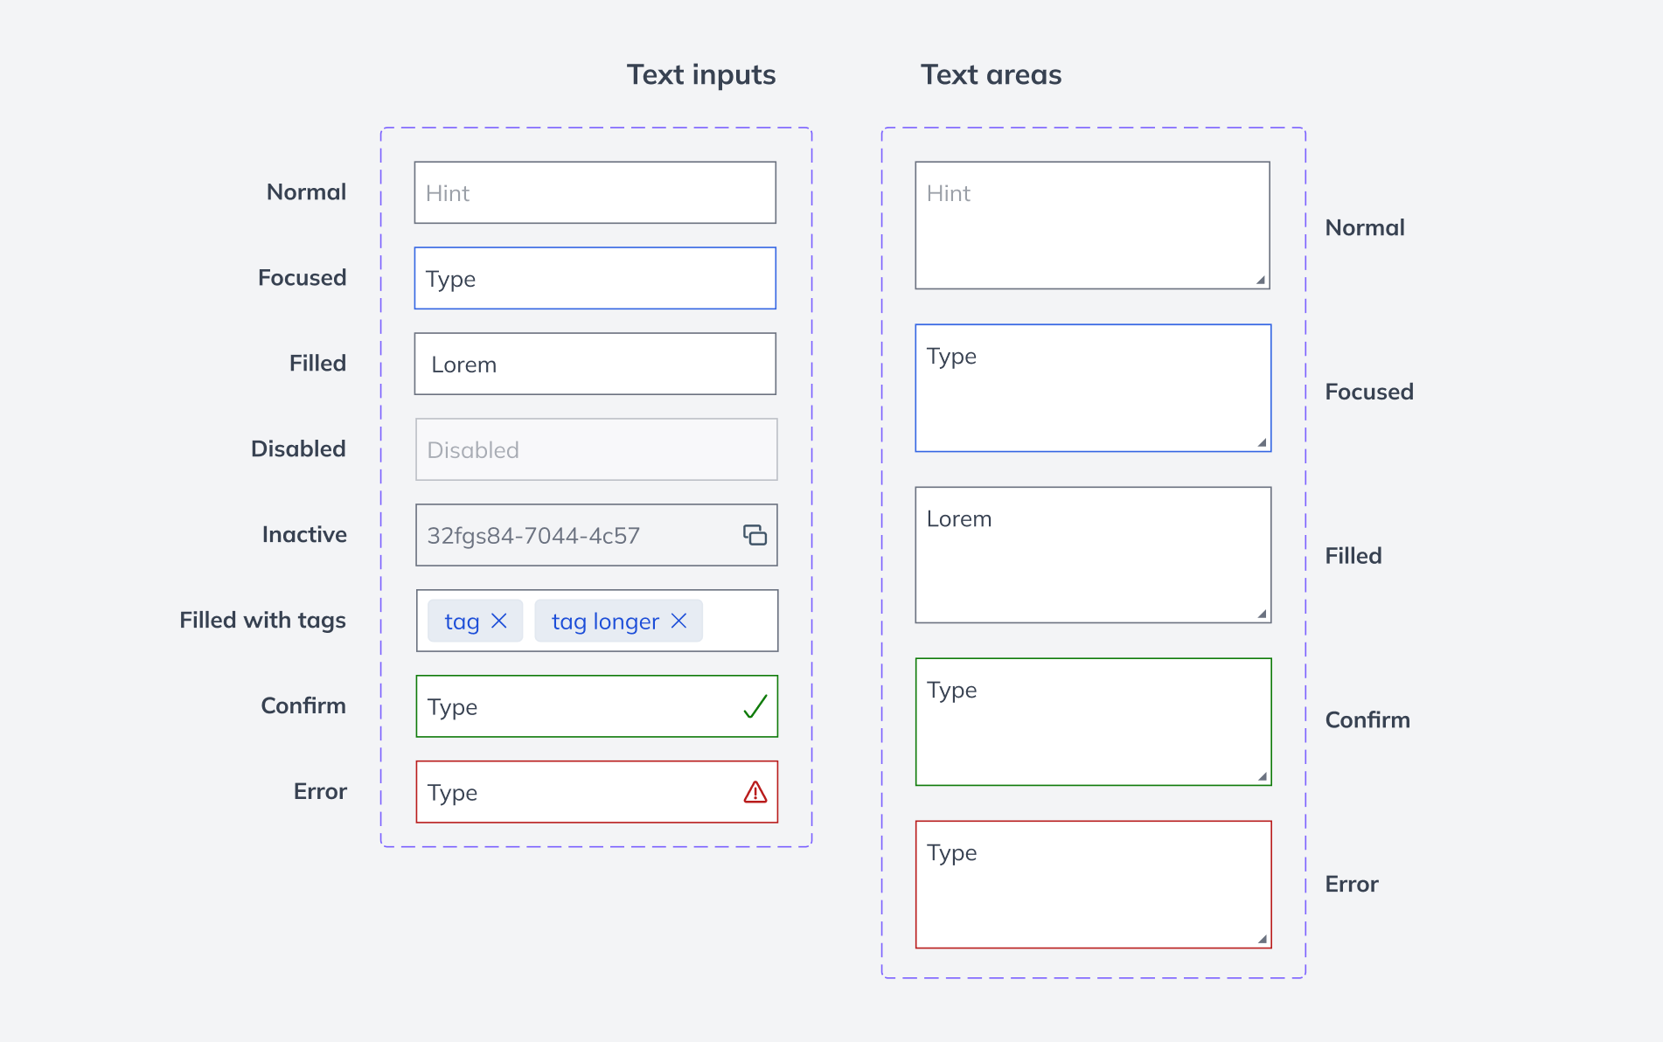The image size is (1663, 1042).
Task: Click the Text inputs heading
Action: click(700, 75)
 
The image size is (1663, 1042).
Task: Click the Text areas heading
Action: click(991, 75)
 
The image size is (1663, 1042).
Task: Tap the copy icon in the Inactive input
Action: click(755, 535)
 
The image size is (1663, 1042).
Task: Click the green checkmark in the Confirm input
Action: click(755, 706)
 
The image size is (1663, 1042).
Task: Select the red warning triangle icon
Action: click(755, 792)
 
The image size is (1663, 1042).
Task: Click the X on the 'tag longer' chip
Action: click(678, 621)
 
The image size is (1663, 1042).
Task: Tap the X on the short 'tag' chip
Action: click(499, 621)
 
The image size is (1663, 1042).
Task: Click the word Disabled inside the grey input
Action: click(472, 450)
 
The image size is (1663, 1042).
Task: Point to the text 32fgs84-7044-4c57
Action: click(533, 536)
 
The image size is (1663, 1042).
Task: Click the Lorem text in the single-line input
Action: click(463, 365)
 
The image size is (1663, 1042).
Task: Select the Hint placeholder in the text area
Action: click(948, 193)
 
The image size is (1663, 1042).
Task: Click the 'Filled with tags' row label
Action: click(262, 620)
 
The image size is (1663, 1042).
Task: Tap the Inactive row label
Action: click(304, 534)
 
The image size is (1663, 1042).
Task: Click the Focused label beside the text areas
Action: click(1368, 392)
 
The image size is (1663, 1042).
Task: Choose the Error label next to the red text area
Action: click(1351, 884)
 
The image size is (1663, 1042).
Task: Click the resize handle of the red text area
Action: click(1262, 939)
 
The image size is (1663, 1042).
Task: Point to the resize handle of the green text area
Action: click(1262, 776)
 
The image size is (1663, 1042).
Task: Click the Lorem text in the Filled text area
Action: click(958, 518)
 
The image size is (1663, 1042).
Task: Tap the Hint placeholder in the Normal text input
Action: click(447, 193)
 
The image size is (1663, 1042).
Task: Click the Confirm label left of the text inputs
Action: click(303, 705)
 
